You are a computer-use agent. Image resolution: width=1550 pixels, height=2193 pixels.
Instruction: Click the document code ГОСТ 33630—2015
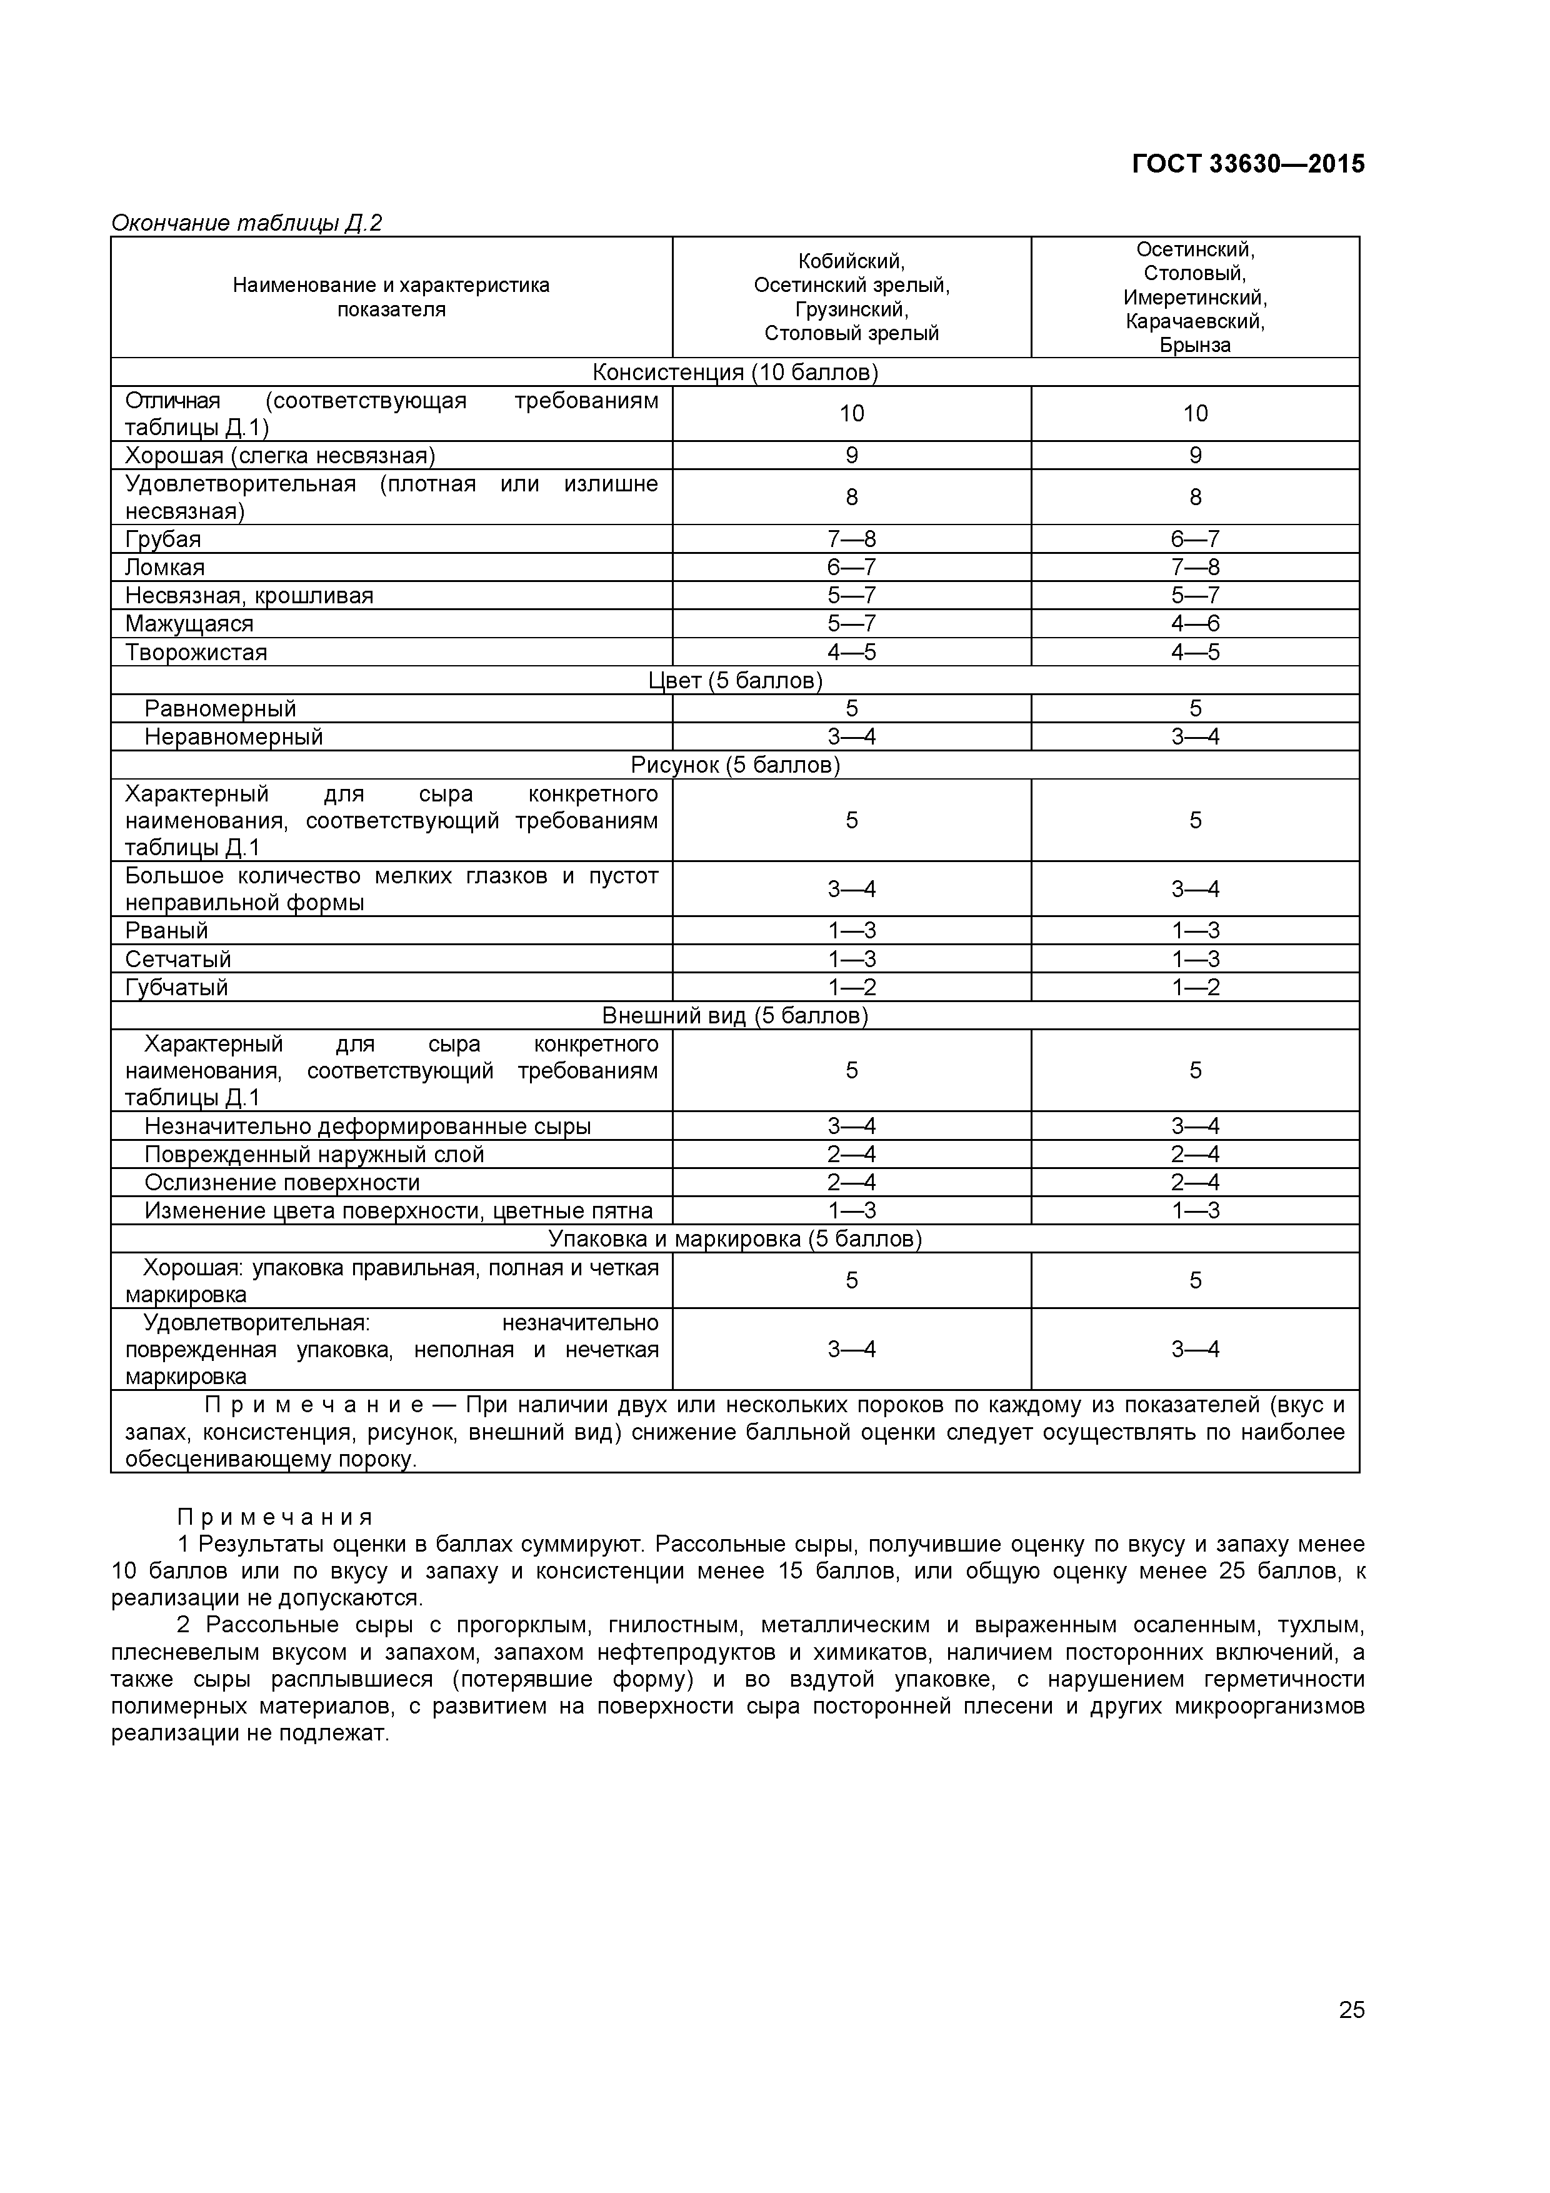(x=1247, y=164)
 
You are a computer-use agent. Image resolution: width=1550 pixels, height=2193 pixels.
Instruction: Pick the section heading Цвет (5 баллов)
(x=734, y=680)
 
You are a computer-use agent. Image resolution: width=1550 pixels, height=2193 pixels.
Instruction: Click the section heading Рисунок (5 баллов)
(x=734, y=765)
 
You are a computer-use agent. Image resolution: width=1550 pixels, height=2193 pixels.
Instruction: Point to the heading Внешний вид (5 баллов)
(x=734, y=1015)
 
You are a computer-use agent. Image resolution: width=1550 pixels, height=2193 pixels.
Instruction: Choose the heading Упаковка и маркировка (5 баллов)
(x=734, y=1239)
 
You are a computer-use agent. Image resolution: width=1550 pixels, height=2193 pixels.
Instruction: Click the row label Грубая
(x=163, y=539)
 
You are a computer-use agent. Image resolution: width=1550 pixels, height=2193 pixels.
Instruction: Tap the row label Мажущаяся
(x=189, y=624)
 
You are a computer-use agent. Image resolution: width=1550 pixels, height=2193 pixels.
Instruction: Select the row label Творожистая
(x=196, y=653)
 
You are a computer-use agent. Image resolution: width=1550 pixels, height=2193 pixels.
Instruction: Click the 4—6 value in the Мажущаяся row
(x=1195, y=624)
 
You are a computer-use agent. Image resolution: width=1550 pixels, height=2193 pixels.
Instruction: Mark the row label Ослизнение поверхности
(x=282, y=1183)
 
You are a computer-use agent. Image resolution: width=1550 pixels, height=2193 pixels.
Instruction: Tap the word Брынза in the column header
(x=1195, y=345)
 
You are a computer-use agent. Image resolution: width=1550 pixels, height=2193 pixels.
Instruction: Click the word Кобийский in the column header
(x=851, y=261)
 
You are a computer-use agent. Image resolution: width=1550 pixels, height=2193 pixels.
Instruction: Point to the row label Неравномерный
(x=234, y=736)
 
